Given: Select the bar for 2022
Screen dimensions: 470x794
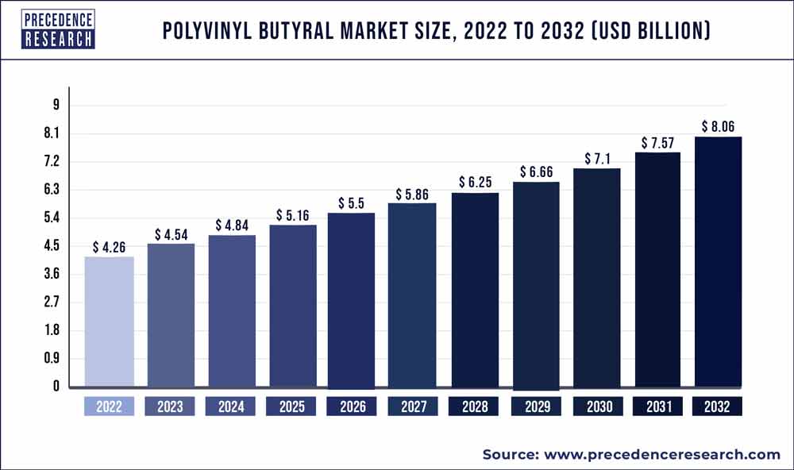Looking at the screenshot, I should (x=109, y=322).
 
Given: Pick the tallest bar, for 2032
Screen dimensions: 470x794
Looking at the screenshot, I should (x=719, y=262).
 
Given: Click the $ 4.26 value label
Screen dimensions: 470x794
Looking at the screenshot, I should (x=109, y=248).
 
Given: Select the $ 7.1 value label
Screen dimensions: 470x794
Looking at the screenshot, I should (x=596, y=159).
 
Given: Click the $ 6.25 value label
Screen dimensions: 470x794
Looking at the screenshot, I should (x=475, y=183).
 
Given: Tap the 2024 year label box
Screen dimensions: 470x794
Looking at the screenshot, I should (x=231, y=407).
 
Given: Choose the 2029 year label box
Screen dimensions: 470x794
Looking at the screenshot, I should (x=536, y=407).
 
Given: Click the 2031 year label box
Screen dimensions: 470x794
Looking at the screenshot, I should (x=657, y=407).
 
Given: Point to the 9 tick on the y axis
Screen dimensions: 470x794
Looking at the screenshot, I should (x=56, y=105).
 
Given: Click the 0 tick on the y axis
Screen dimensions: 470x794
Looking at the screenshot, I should (x=56, y=387).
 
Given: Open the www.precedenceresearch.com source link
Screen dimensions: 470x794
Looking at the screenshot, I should (x=662, y=454).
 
